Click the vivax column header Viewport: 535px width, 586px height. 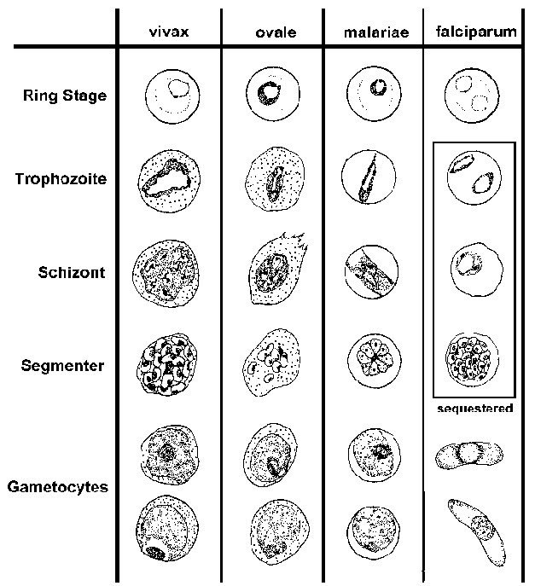tap(169, 33)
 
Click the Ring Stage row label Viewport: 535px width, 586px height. tap(65, 96)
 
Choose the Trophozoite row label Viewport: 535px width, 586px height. tap(61, 179)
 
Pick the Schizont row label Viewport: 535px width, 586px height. tap(72, 273)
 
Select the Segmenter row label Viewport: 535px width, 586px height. tap(63, 366)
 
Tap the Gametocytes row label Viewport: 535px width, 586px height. tap(58, 488)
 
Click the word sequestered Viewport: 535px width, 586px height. tap(474, 409)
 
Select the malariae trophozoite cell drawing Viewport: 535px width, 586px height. tap(368, 179)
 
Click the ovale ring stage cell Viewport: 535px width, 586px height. tap(271, 93)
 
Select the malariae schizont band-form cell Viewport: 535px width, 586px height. tap(370, 272)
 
